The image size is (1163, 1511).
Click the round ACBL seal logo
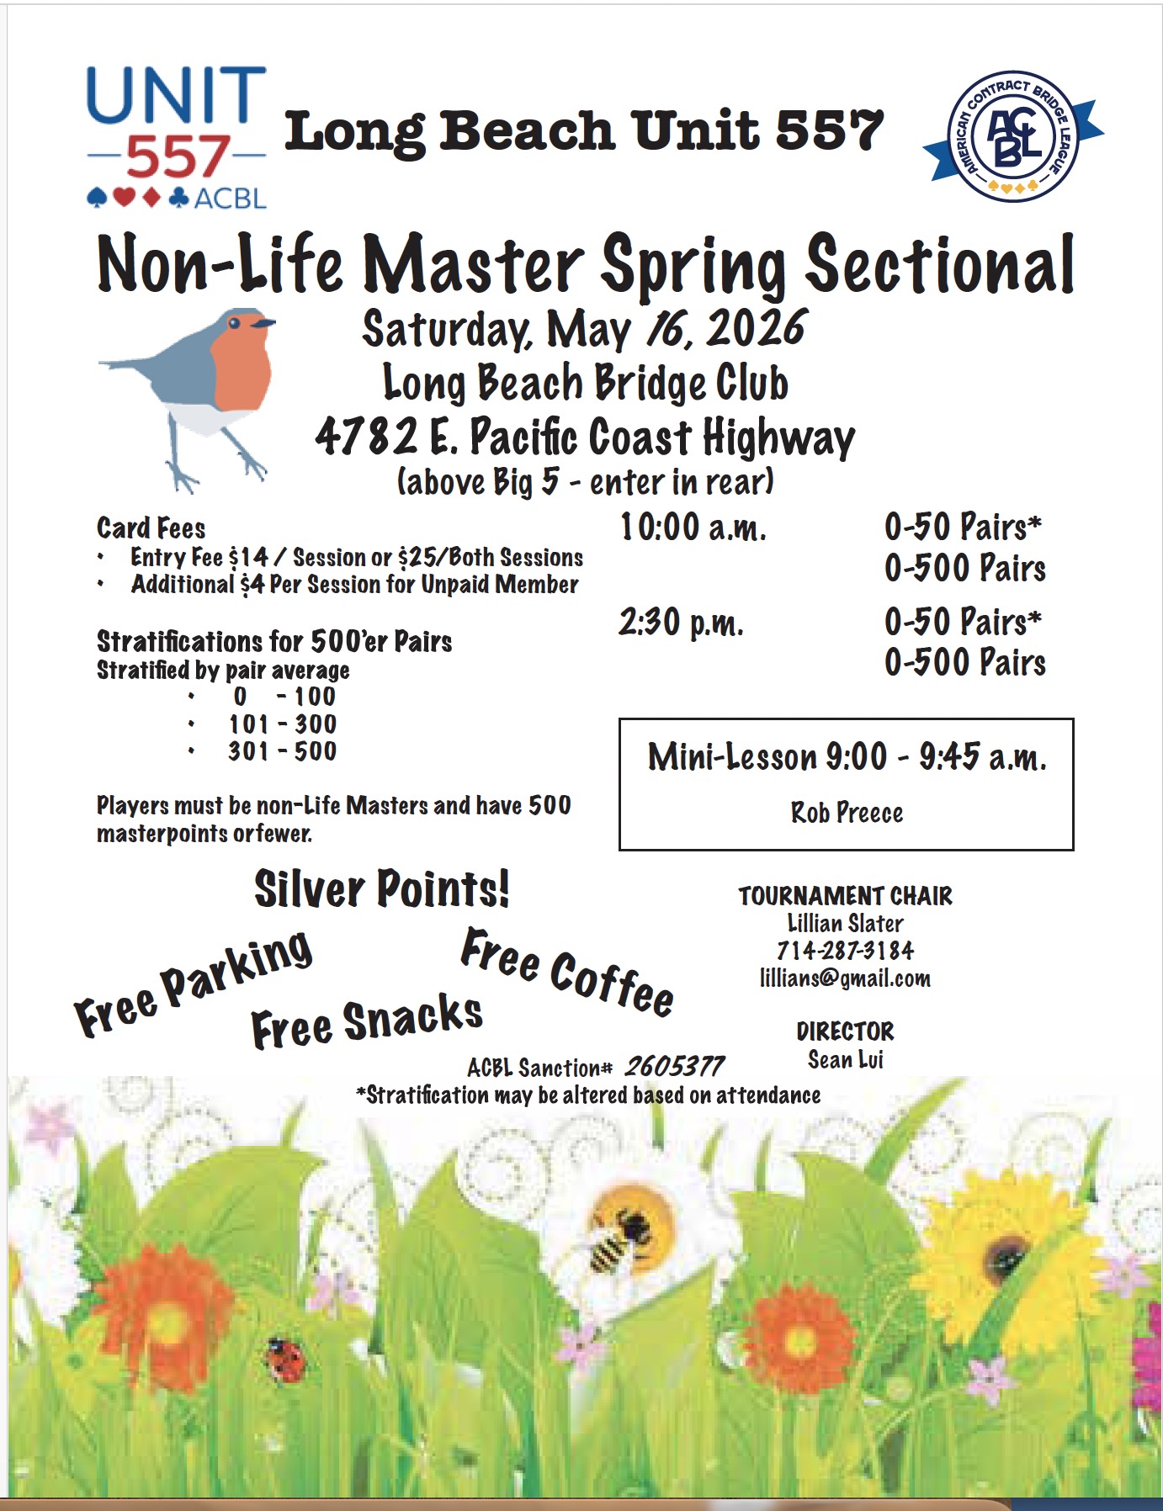click(1013, 136)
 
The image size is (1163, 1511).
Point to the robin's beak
click(265, 322)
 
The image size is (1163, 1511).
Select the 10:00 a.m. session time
click(693, 528)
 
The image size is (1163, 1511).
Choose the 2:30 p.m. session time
click(681, 623)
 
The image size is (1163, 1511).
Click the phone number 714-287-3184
click(845, 951)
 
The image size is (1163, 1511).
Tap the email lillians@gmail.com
click(845, 978)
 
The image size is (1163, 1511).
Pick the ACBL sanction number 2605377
click(673, 1067)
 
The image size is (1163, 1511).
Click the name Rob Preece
click(847, 813)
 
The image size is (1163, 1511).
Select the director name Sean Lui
click(845, 1059)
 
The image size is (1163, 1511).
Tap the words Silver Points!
click(382, 888)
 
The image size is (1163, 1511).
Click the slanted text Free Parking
click(194, 983)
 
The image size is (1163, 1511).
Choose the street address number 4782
click(366, 437)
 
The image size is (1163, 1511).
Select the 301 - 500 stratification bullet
click(282, 751)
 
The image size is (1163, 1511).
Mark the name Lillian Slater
click(845, 923)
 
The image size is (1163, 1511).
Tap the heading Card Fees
click(151, 528)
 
